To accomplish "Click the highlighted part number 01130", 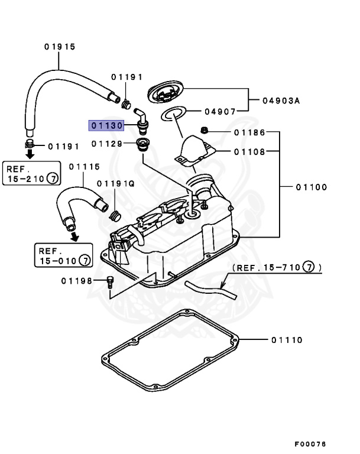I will pos(105,126).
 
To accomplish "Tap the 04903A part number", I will pos(281,101).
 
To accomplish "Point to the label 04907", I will pos(220,111).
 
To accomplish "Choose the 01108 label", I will pos(249,151).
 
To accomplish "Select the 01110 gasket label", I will pos(287,340).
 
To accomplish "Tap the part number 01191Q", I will pos(116,184).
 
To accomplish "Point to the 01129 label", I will pos(107,144).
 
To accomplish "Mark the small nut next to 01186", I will pos(204,130).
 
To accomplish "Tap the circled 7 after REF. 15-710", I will pos(307,268).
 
